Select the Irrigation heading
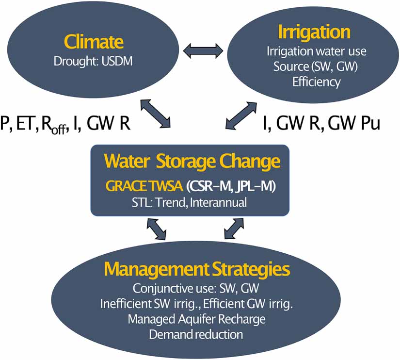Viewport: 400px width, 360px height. [314, 32]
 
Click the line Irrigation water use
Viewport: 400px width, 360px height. [317, 51]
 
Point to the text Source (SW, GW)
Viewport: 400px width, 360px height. [315, 66]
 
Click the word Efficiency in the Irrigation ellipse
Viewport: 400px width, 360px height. [316, 82]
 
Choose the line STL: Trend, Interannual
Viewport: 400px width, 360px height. [190, 202]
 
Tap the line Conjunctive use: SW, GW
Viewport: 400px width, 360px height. [196, 290]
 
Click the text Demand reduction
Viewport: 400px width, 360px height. [196, 334]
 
